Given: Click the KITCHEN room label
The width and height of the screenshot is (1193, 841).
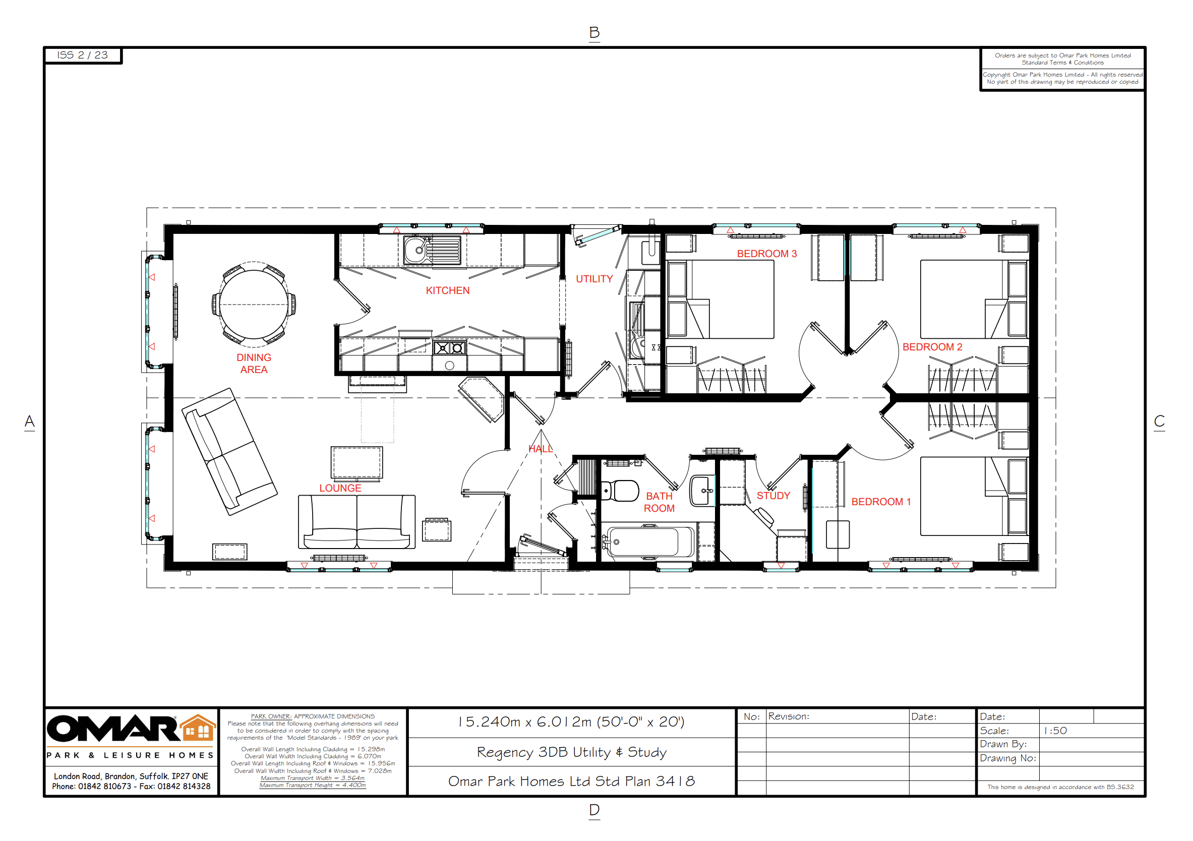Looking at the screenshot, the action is coord(447,290).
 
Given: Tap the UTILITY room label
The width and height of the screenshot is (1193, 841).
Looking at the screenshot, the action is coord(594,279).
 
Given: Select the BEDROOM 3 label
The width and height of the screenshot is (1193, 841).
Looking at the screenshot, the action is coord(766,254).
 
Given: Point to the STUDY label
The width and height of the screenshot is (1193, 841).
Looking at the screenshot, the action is coord(773,496).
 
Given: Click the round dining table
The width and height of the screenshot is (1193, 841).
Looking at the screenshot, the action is coord(254,305).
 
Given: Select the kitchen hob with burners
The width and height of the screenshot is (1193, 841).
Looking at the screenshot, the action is coord(449,347).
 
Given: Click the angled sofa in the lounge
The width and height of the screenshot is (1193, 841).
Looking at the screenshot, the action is coord(229,451).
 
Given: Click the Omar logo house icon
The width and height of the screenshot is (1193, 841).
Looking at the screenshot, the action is coord(198,727).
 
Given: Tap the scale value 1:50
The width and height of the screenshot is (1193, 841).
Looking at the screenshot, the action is coord(1055,731).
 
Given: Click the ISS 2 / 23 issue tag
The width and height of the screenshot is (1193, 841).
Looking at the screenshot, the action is coord(83,55).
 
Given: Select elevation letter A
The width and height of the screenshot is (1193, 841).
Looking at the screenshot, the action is coord(30,422).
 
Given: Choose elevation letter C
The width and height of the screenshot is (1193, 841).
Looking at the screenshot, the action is coord(1159,422).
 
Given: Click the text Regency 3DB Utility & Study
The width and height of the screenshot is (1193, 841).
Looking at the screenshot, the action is coord(572,752).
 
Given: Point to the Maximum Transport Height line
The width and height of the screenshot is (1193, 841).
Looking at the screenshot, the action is coord(313,785).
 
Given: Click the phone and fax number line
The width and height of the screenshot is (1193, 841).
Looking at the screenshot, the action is coord(131,786).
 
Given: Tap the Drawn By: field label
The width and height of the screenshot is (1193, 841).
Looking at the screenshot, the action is coord(1003,744).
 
